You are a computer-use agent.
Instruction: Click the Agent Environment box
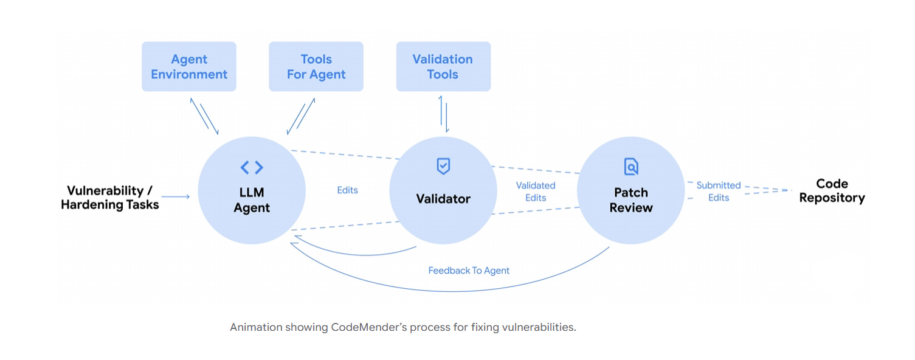189,67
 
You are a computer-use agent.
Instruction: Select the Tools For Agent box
316,67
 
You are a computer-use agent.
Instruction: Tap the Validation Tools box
443,67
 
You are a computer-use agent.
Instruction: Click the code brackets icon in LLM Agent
252,167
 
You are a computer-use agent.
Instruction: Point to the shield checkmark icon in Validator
443,166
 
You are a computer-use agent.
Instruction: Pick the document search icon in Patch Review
631,166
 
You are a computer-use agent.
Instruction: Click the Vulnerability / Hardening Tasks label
110,198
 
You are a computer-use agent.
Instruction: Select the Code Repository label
832,191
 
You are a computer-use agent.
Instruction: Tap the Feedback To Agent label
469,271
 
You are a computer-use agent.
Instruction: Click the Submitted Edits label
719,192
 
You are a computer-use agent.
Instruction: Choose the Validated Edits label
536,192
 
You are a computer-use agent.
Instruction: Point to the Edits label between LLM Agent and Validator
347,190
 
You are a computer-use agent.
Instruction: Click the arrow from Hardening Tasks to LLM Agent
176,196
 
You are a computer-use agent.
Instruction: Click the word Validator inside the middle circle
443,199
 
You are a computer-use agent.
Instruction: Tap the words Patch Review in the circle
631,200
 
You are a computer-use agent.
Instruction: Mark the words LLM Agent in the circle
252,200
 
